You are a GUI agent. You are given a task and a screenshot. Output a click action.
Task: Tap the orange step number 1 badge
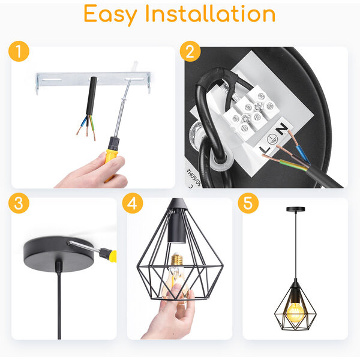point(19,52)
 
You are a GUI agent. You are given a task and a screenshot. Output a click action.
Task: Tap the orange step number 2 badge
point(190,52)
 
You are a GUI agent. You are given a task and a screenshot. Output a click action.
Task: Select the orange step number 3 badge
point(19,203)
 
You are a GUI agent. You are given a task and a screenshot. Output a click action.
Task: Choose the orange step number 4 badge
point(132,203)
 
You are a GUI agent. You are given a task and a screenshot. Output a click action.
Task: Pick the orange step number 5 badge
point(248,203)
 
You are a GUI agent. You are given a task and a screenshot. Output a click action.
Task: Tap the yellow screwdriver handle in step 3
point(112,256)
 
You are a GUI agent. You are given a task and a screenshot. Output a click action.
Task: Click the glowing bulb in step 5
point(295,313)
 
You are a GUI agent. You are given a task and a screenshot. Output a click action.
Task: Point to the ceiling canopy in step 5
point(295,209)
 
